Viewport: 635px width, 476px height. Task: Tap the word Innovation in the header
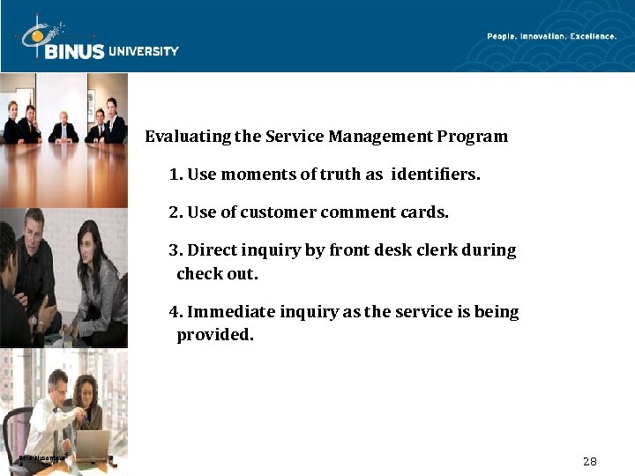(x=541, y=36)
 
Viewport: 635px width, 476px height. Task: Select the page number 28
(x=590, y=461)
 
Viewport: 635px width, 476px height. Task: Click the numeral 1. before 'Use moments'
(x=176, y=175)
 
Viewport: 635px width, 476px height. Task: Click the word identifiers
(x=437, y=175)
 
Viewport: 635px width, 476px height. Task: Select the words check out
(x=217, y=274)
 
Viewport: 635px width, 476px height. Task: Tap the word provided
(x=214, y=335)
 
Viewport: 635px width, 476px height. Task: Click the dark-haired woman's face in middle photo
(x=90, y=239)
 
